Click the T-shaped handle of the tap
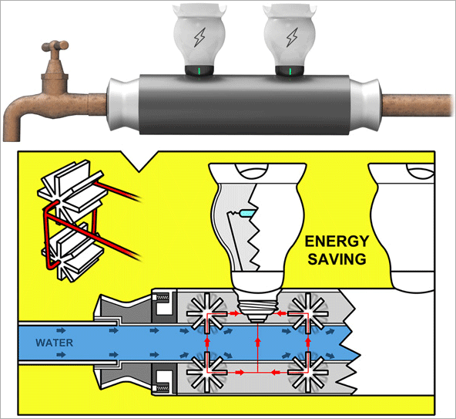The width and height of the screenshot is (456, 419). point(55,46)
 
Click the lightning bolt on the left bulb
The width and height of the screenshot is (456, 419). point(199,37)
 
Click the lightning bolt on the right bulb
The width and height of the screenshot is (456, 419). point(292,37)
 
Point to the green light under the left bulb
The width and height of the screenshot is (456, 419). point(199,71)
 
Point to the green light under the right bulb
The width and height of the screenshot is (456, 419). point(290,71)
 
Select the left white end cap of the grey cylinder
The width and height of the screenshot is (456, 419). point(123,104)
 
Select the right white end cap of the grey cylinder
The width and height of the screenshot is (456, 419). point(366,104)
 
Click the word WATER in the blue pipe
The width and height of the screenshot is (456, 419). point(55,343)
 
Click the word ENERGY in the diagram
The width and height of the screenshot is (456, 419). point(337,242)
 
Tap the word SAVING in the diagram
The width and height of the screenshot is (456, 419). point(337,259)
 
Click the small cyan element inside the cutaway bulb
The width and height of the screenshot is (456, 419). point(246,213)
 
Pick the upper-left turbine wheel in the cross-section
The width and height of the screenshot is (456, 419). point(206,314)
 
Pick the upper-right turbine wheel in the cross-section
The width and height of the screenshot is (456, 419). point(308,314)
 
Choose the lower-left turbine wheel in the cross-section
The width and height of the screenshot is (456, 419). point(206,372)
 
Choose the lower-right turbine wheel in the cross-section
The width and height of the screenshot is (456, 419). point(308,372)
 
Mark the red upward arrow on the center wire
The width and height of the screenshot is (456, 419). point(258,342)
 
